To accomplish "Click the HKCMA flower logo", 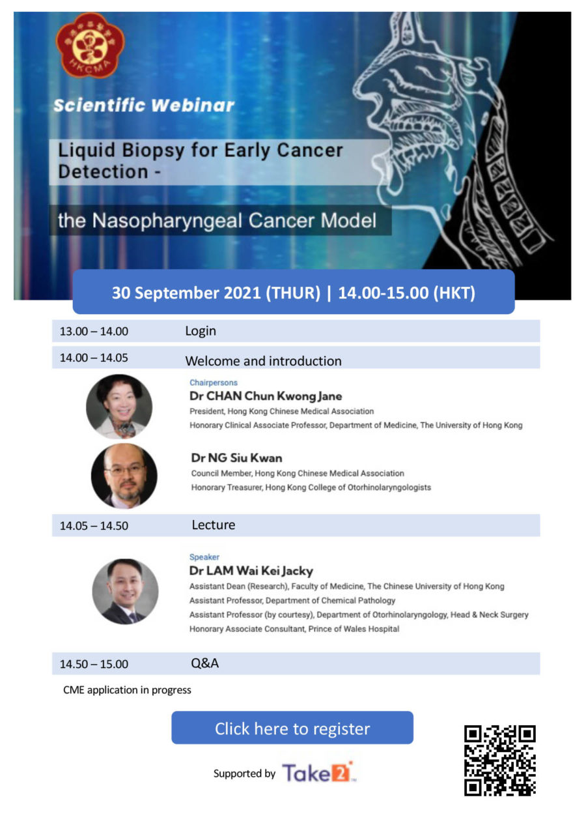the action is (90, 45).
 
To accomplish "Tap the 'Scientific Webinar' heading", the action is (143, 106).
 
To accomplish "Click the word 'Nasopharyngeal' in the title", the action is (167, 222).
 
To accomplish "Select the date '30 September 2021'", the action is (186, 293).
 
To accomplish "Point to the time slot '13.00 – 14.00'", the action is (94, 332).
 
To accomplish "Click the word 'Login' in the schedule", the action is (201, 331).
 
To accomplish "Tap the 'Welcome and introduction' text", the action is (263, 361).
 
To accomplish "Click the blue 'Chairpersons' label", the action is (214, 383).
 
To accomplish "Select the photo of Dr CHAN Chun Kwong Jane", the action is (119, 407).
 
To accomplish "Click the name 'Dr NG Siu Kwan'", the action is (236, 458).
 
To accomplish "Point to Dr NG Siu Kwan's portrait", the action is (124, 476).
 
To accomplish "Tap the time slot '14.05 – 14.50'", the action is (94, 526).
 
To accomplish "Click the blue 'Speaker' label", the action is (204, 557).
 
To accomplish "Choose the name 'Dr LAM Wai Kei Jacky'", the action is (251, 571).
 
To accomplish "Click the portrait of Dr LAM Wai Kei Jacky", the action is (125, 591).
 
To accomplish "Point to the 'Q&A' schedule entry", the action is (205, 663).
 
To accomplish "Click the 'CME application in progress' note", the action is (127, 690).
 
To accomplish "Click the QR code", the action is (499, 760).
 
